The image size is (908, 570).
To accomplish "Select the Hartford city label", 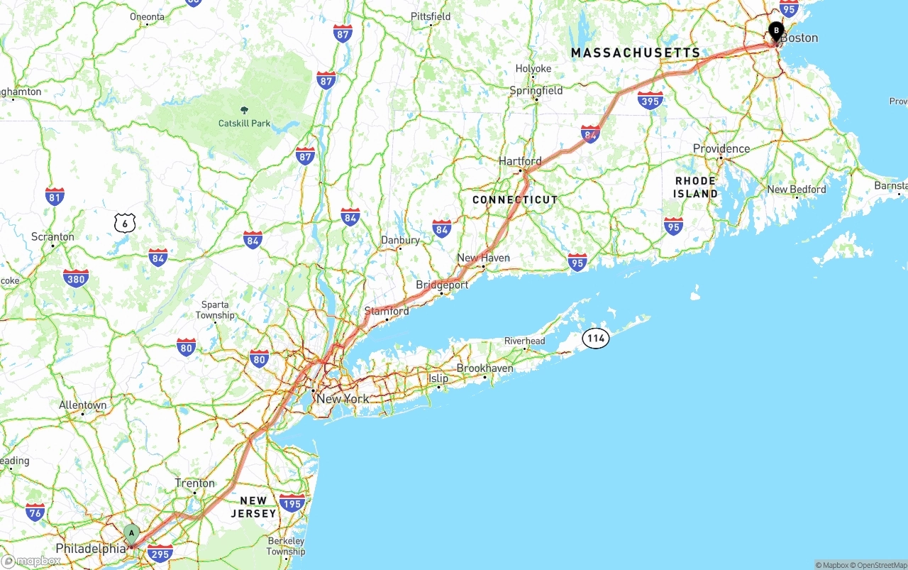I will click(x=519, y=161).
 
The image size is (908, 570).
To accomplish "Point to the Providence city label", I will click(x=721, y=148).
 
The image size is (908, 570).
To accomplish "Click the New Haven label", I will click(x=483, y=258).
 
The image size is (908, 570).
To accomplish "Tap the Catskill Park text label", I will click(x=244, y=124).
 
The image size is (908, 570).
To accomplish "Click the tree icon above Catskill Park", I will click(x=245, y=111).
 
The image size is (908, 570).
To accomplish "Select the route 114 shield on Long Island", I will click(x=596, y=339).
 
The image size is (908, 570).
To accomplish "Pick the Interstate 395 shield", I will click(x=650, y=100).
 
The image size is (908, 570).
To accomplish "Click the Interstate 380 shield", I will click(x=75, y=278).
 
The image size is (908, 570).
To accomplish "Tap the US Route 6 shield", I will click(x=125, y=224).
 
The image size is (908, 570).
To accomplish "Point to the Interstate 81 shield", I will click(x=55, y=197).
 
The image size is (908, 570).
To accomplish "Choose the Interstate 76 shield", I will click(x=35, y=512).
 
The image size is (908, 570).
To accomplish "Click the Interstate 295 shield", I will click(x=160, y=553).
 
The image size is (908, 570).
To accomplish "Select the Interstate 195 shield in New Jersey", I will click(x=292, y=503).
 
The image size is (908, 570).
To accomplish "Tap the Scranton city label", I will click(x=52, y=236).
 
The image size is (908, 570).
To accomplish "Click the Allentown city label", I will click(x=82, y=405).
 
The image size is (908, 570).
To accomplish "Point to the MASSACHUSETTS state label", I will click(x=636, y=53).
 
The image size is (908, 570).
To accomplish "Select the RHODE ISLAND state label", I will click(x=696, y=187).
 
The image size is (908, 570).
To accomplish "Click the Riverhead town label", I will click(x=524, y=341).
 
